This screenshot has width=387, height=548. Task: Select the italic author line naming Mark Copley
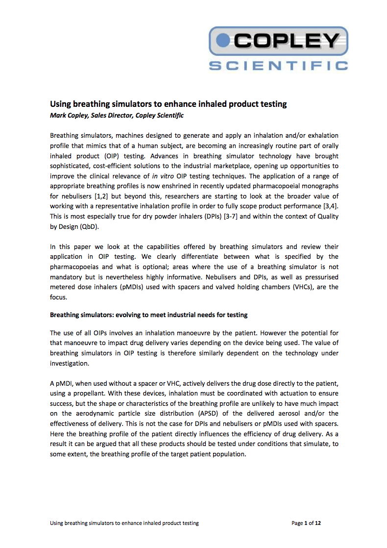(117, 115)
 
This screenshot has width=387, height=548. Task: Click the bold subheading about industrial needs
(149, 315)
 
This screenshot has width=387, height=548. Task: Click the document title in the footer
(124, 523)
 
